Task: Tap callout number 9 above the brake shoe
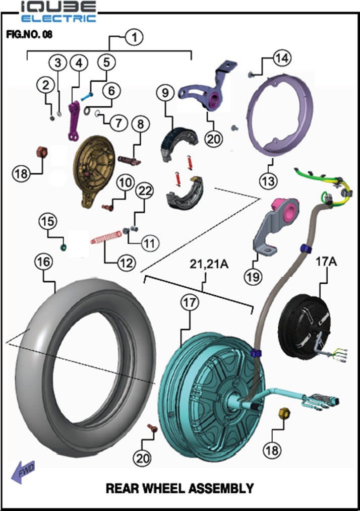point(164,93)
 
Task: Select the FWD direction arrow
point(23,473)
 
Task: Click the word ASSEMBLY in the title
point(220,488)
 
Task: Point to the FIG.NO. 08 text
point(29,35)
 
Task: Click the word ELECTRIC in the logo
point(59,19)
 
